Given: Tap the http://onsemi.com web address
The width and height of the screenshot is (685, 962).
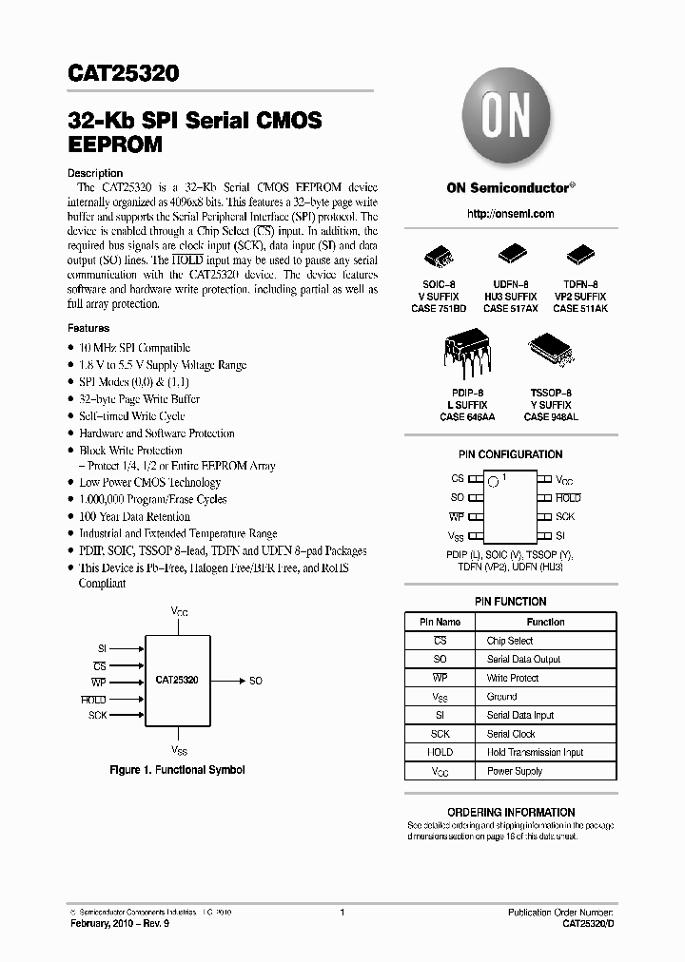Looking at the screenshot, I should click(x=510, y=214).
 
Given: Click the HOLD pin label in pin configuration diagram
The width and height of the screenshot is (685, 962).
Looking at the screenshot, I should click(x=568, y=498).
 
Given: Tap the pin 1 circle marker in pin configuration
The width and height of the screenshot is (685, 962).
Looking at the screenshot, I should click(x=493, y=482).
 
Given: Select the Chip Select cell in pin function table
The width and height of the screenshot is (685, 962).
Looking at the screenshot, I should click(x=510, y=641).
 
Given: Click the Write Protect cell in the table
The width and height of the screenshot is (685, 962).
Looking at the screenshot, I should click(x=513, y=678).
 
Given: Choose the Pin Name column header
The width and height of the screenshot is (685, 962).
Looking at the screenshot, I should click(x=440, y=622).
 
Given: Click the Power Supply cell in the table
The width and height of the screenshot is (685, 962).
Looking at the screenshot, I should click(x=515, y=771).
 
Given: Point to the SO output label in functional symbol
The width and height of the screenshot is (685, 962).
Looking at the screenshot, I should click(x=256, y=681).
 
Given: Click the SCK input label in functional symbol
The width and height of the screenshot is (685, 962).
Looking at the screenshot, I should click(x=97, y=714).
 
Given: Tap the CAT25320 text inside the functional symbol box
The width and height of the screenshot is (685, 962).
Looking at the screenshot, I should click(x=176, y=681).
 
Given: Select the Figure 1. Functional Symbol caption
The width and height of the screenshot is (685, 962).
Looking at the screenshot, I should click(x=177, y=769).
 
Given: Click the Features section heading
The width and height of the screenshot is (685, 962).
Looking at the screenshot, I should click(x=88, y=328).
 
